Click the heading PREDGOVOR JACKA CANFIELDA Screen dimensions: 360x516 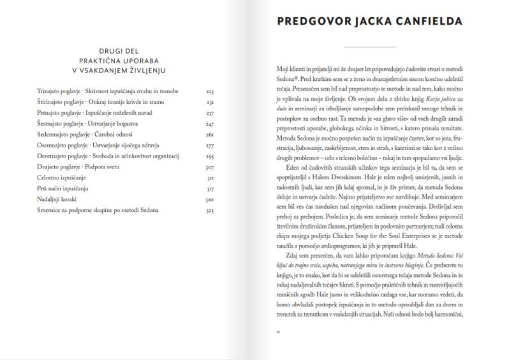[x=369, y=21]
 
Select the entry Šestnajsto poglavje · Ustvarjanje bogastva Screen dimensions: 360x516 [x=92, y=124]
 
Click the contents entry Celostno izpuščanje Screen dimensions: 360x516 [x=61, y=177]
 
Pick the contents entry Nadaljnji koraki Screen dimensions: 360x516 [x=57, y=199]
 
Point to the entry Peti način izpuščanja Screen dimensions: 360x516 [x=63, y=188]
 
